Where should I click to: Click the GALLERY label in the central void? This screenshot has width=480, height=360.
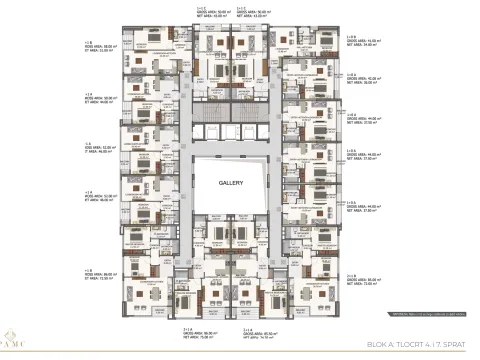coord(239,183)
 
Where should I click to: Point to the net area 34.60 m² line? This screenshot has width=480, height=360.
coord(361,45)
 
